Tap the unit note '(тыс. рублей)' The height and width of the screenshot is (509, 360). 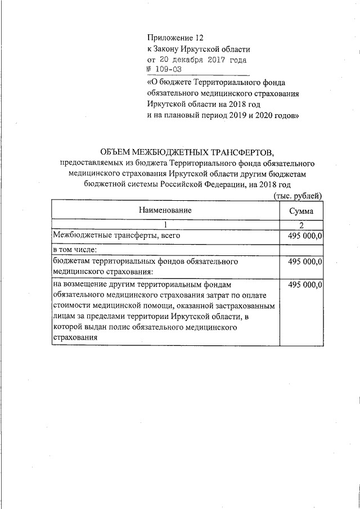[x=298, y=195]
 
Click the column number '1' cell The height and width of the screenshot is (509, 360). [x=165, y=225]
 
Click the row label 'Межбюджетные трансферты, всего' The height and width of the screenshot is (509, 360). [x=116, y=236]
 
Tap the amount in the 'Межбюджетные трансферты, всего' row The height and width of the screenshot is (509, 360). [x=304, y=236]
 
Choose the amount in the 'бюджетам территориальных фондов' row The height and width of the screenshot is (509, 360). [x=304, y=262]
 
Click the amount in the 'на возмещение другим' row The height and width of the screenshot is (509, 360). [x=304, y=285]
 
